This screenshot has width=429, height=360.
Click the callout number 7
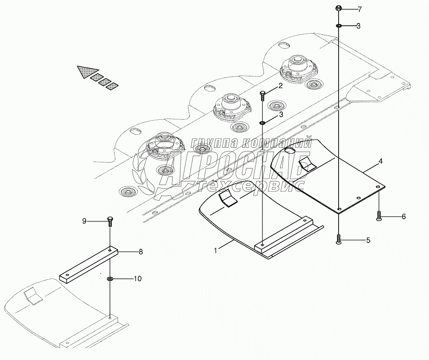[x=359, y=9]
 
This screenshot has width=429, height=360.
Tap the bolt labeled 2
[x=263, y=95]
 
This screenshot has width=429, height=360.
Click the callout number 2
[x=280, y=87]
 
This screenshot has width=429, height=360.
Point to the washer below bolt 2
[x=263, y=123]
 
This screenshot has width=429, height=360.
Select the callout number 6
[x=404, y=216]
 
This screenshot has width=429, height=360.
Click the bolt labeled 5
[x=339, y=239]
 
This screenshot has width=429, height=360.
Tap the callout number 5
[x=368, y=240]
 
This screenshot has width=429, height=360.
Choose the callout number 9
[x=84, y=221]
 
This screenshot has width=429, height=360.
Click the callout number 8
[x=140, y=252]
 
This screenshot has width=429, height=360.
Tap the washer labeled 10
[x=110, y=279]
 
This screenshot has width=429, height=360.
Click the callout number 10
[x=138, y=279]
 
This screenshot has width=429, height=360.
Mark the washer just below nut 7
[x=339, y=26]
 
